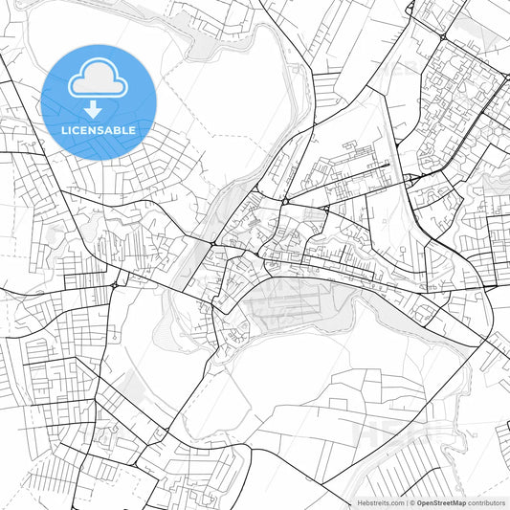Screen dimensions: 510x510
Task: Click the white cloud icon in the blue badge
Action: (98, 79)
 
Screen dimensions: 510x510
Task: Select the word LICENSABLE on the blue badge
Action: (98, 128)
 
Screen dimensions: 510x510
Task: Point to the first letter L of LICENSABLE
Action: (63, 128)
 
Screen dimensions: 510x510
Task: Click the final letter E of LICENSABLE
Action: (132, 128)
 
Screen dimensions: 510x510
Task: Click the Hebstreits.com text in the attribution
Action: (380, 502)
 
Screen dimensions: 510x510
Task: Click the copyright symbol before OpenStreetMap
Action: (412, 502)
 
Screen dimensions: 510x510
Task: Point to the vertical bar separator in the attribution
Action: (406, 502)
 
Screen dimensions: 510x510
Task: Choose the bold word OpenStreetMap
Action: (441, 502)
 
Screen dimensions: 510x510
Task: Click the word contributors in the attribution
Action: (486, 502)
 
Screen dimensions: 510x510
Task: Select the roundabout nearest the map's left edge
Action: (115, 284)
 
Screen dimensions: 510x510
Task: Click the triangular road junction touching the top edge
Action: (410, 8)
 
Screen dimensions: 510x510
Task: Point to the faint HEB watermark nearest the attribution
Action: (383, 435)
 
